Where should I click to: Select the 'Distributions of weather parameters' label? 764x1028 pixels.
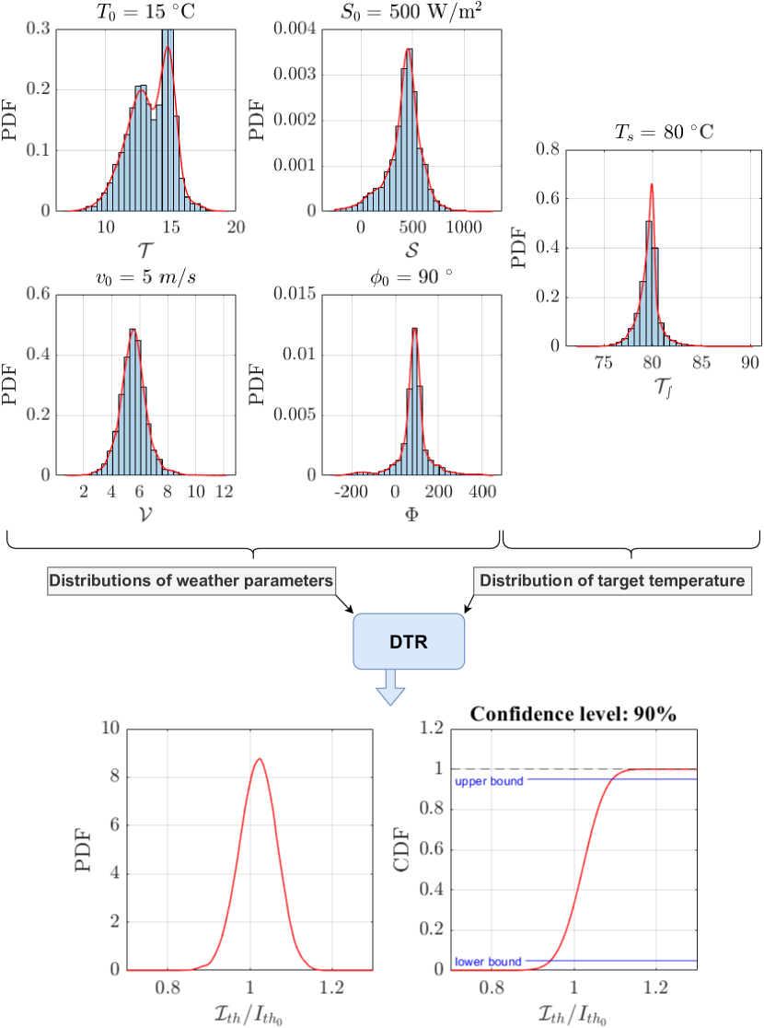[x=191, y=581]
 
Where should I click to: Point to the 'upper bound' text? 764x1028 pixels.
[x=489, y=781]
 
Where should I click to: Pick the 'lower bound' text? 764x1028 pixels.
[x=489, y=963]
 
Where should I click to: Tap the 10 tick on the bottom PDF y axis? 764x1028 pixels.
[x=110, y=728]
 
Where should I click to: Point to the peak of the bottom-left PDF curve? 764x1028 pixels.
[x=260, y=759]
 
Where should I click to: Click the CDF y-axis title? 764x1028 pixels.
[x=406, y=848]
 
